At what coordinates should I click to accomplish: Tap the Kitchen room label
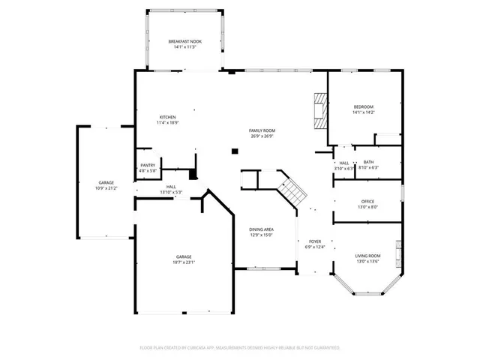click(x=167, y=117)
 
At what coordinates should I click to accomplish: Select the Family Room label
click(x=261, y=131)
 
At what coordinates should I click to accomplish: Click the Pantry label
click(x=148, y=166)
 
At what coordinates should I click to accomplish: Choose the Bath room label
click(x=368, y=162)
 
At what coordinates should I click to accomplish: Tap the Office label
click(x=367, y=201)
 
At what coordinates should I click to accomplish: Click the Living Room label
click(x=367, y=256)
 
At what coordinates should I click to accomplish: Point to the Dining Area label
click(x=261, y=229)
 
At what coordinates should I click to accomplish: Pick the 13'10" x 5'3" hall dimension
click(x=171, y=193)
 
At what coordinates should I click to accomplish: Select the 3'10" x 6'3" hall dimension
click(x=343, y=168)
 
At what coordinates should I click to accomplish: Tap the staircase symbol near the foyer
click(x=292, y=190)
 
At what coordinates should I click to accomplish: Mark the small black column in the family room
click(x=235, y=151)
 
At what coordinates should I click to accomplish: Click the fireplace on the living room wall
click(x=399, y=250)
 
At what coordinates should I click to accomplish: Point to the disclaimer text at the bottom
click(x=240, y=348)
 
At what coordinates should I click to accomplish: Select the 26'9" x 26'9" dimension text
click(x=261, y=136)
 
